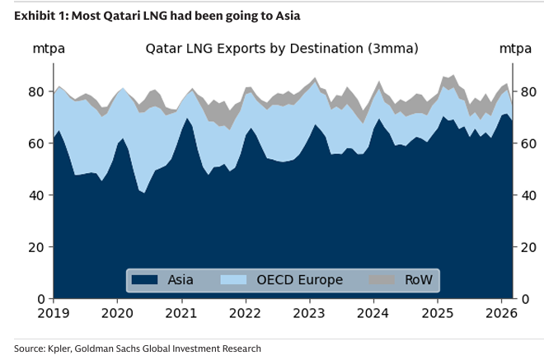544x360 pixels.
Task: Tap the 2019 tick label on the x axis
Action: (x=53, y=313)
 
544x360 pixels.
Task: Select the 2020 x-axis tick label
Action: (x=117, y=313)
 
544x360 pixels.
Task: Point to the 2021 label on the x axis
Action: (x=181, y=313)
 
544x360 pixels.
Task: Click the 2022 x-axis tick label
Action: (x=245, y=313)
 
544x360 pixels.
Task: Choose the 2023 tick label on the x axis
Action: (x=309, y=313)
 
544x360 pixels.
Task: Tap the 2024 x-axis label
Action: (x=373, y=313)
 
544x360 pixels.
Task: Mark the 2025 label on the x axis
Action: (x=438, y=313)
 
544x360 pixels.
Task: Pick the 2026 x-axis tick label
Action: (x=501, y=313)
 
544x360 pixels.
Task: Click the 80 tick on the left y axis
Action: (x=37, y=91)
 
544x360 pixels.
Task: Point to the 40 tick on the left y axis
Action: (x=37, y=195)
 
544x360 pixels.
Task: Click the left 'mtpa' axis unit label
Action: (x=49, y=49)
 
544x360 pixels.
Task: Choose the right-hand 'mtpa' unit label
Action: (x=515, y=49)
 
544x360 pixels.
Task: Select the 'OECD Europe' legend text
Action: (x=301, y=280)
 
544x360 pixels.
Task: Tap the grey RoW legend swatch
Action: (x=380, y=280)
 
